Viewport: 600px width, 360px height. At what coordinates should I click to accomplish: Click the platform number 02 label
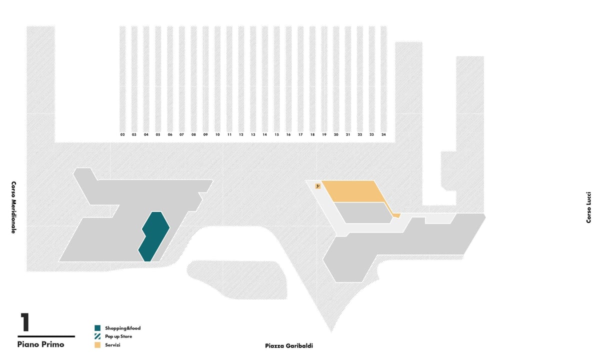(122, 134)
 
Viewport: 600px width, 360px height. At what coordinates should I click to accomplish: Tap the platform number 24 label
(383, 134)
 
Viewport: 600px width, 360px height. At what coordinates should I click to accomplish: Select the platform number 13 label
(253, 134)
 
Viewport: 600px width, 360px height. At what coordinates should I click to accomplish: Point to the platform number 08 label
(193, 134)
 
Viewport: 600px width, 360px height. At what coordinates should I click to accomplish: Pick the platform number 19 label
(324, 134)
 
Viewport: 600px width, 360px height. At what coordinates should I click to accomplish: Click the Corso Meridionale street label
(13, 207)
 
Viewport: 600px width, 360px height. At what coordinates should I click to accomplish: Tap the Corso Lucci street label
(588, 207)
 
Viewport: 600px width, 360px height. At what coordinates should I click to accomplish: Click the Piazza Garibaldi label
(289, 346)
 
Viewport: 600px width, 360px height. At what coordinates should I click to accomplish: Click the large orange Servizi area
(353, 191)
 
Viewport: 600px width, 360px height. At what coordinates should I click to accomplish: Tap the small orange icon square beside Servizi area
(318, 186)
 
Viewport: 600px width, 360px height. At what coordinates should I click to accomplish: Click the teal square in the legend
(97, 328)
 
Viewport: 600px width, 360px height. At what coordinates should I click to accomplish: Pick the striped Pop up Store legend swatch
(97, 336)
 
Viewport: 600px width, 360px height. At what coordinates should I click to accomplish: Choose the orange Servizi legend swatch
(97, 345)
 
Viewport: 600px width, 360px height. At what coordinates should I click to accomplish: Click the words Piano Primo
(40, 344)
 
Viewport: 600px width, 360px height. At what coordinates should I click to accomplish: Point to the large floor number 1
(25, 322)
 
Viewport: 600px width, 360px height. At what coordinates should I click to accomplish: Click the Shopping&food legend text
(122, 328)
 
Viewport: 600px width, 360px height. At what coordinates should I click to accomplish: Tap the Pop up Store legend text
(118, 336)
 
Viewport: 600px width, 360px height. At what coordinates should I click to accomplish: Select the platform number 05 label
(158, 134)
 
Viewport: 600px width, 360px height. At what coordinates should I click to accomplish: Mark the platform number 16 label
(288, 134)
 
